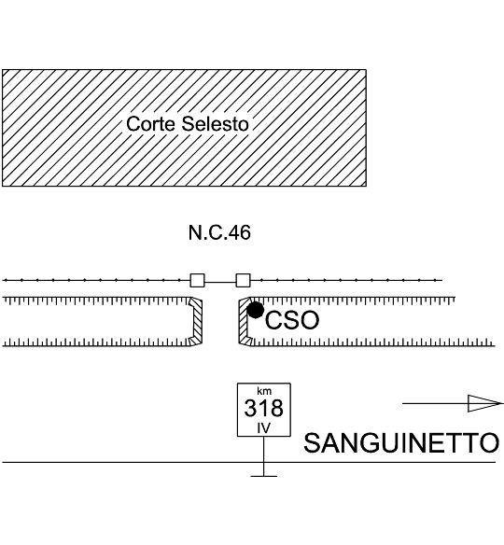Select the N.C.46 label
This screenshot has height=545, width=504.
point(219,232)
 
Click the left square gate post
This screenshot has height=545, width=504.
point(197,280)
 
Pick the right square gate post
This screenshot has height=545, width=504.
point(243,280)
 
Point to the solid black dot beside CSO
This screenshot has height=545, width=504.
point(256,310)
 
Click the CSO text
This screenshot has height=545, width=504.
point(292,320)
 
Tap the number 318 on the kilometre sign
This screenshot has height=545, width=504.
point(264,408)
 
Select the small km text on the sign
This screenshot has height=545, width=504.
point(264,391)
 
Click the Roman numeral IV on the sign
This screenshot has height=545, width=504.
point(263,428)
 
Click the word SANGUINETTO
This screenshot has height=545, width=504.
point(401,442)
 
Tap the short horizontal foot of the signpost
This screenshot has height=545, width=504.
point(264,476)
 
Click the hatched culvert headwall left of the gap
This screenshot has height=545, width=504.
point(195,321)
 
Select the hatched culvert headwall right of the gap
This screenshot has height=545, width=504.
point(245,321)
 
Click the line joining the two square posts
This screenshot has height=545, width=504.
point(220,282)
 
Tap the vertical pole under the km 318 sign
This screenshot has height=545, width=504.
point(264,455)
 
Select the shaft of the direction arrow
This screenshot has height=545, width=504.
point(436,403)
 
